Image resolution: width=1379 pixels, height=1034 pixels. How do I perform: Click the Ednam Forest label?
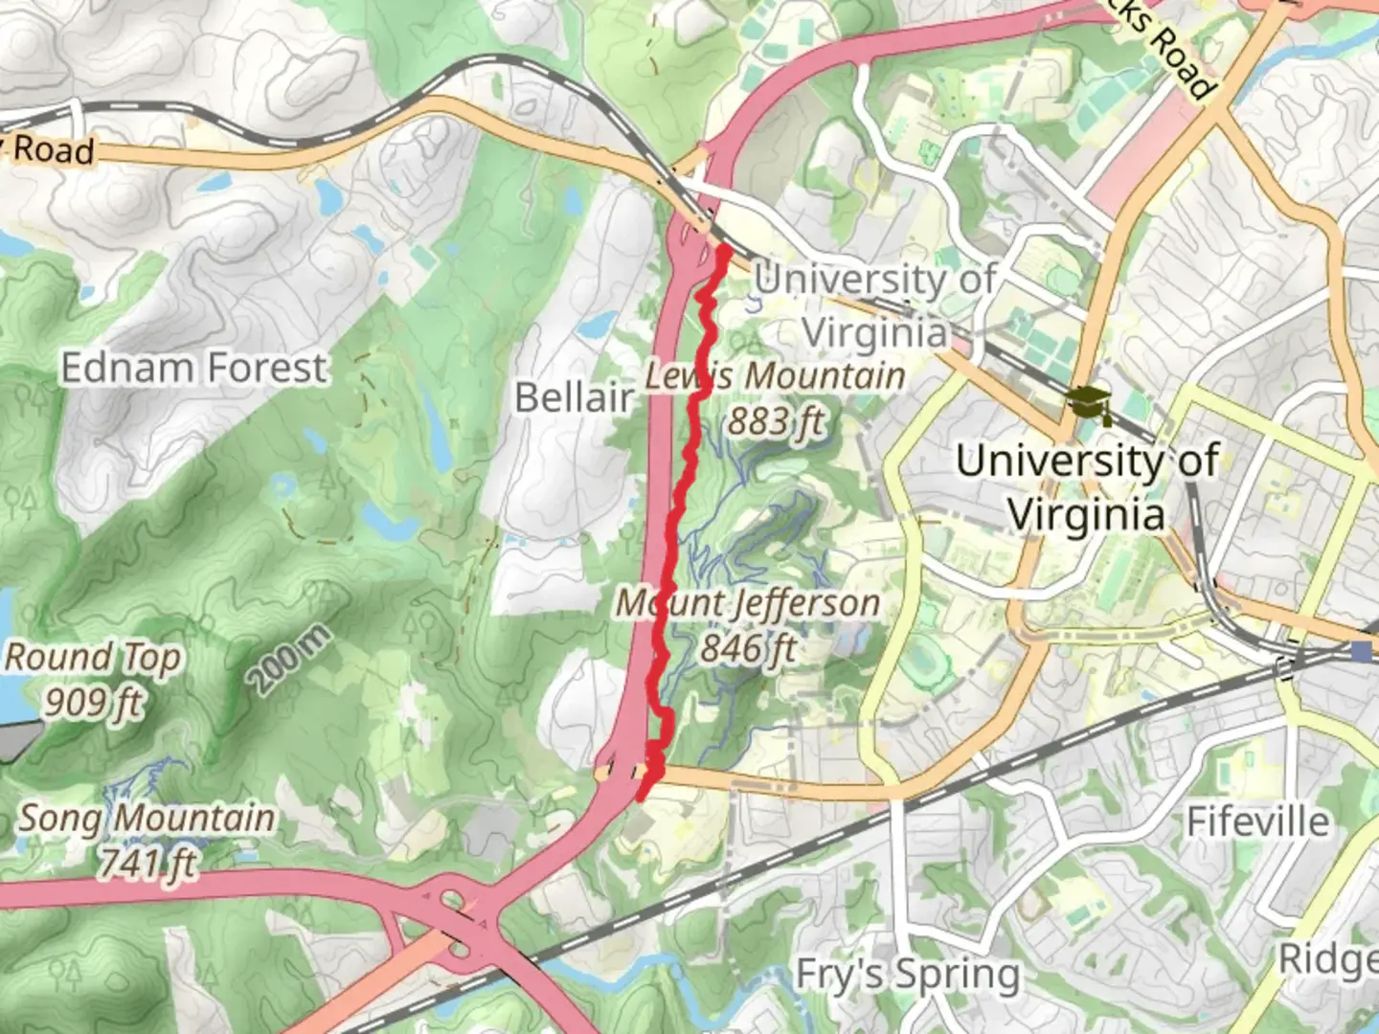pos(193,368)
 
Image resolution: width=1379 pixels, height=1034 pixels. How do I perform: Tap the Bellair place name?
pos(574,396)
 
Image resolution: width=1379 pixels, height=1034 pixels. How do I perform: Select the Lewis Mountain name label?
pos(774,375)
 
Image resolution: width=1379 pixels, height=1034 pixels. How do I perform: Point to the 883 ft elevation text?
pos(776,420)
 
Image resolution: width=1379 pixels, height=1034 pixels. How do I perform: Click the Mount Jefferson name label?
pos(747,603)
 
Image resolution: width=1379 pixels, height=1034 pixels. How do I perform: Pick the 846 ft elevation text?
pos(748,648)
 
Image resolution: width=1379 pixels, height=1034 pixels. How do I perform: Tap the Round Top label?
pos(93,658)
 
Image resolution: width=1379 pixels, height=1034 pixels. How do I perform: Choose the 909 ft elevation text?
pos(93,703)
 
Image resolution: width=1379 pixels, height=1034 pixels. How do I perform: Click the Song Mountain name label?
pos(147,819)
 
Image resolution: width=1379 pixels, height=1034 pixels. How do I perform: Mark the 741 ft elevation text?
pos(147,864)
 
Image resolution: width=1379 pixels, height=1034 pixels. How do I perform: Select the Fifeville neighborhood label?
pos(1257,821)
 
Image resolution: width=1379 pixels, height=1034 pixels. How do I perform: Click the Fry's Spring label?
pos(908,975)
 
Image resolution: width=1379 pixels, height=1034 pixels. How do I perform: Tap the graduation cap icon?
pos(1085,401)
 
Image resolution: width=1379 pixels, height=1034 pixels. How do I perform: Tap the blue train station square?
pos(1361,652)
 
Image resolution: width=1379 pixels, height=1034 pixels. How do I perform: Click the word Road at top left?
pos(54,150)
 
